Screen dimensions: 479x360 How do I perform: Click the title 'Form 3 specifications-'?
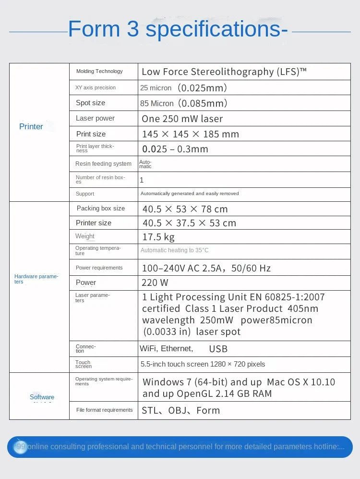point(178,29)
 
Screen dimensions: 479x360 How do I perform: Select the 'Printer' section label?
point(31,126)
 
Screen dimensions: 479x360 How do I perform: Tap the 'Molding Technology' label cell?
point(99,71)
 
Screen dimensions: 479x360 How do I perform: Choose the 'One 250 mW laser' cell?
point(182,119)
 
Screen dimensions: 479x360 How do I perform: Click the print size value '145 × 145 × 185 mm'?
point(190,134)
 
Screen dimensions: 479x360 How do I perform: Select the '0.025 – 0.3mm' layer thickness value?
point(175,149)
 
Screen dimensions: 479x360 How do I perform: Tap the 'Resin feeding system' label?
point(103,164)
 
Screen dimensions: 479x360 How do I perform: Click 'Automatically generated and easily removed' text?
point(190,194)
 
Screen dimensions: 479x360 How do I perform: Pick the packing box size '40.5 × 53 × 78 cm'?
point(185,209)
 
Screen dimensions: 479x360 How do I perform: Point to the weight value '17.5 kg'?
point(158,237)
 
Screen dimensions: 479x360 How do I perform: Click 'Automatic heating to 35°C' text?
point(174,250)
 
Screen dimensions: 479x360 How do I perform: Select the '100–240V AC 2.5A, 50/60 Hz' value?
point(206,268)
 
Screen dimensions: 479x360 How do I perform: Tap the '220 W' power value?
point(155,282)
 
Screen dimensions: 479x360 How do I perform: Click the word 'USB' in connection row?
point(218,349)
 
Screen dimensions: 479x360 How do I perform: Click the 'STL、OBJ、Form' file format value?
point(180,410)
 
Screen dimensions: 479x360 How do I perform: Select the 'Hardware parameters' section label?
point(36,279)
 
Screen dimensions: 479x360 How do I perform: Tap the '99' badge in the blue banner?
point(21,447)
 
